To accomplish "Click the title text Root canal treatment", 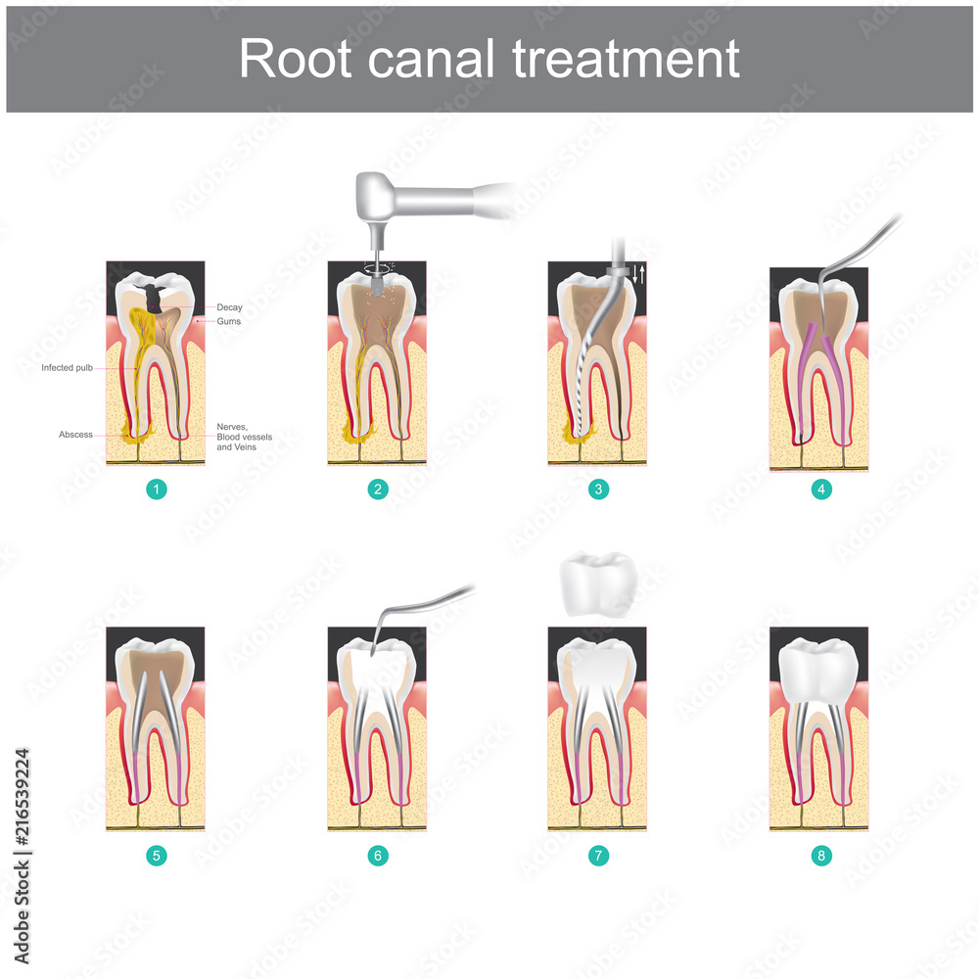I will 489,60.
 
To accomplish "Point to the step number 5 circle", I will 157,856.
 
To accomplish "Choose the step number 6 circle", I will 378,856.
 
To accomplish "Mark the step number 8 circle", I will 821,856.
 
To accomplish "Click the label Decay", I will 229,307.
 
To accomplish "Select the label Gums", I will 229,321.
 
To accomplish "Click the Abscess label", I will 75,434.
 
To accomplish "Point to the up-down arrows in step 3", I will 638,274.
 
